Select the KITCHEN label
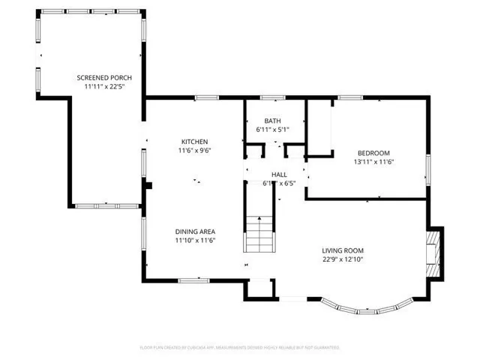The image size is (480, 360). (x=194, y=142)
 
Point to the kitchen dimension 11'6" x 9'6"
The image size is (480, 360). (x=194, y=151)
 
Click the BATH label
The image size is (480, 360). (x=272, y=121)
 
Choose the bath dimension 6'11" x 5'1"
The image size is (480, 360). (x=272, y=130)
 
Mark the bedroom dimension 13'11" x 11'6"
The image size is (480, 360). (x=373, y=161)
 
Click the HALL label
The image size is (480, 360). (x=279, y=175)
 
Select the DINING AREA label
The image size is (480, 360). (x=195, y=232)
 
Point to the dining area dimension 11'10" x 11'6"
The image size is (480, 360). (x=195, y=241)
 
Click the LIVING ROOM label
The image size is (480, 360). (x=343, y=250)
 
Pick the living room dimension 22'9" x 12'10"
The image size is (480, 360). (x=343, y=259)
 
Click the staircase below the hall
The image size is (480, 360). (x=259, y=234)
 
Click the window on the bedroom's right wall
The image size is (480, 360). (x=428, y=167)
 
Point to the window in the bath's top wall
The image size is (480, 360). (x=272, y=97)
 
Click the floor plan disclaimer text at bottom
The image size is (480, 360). (x=240, y=347)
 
